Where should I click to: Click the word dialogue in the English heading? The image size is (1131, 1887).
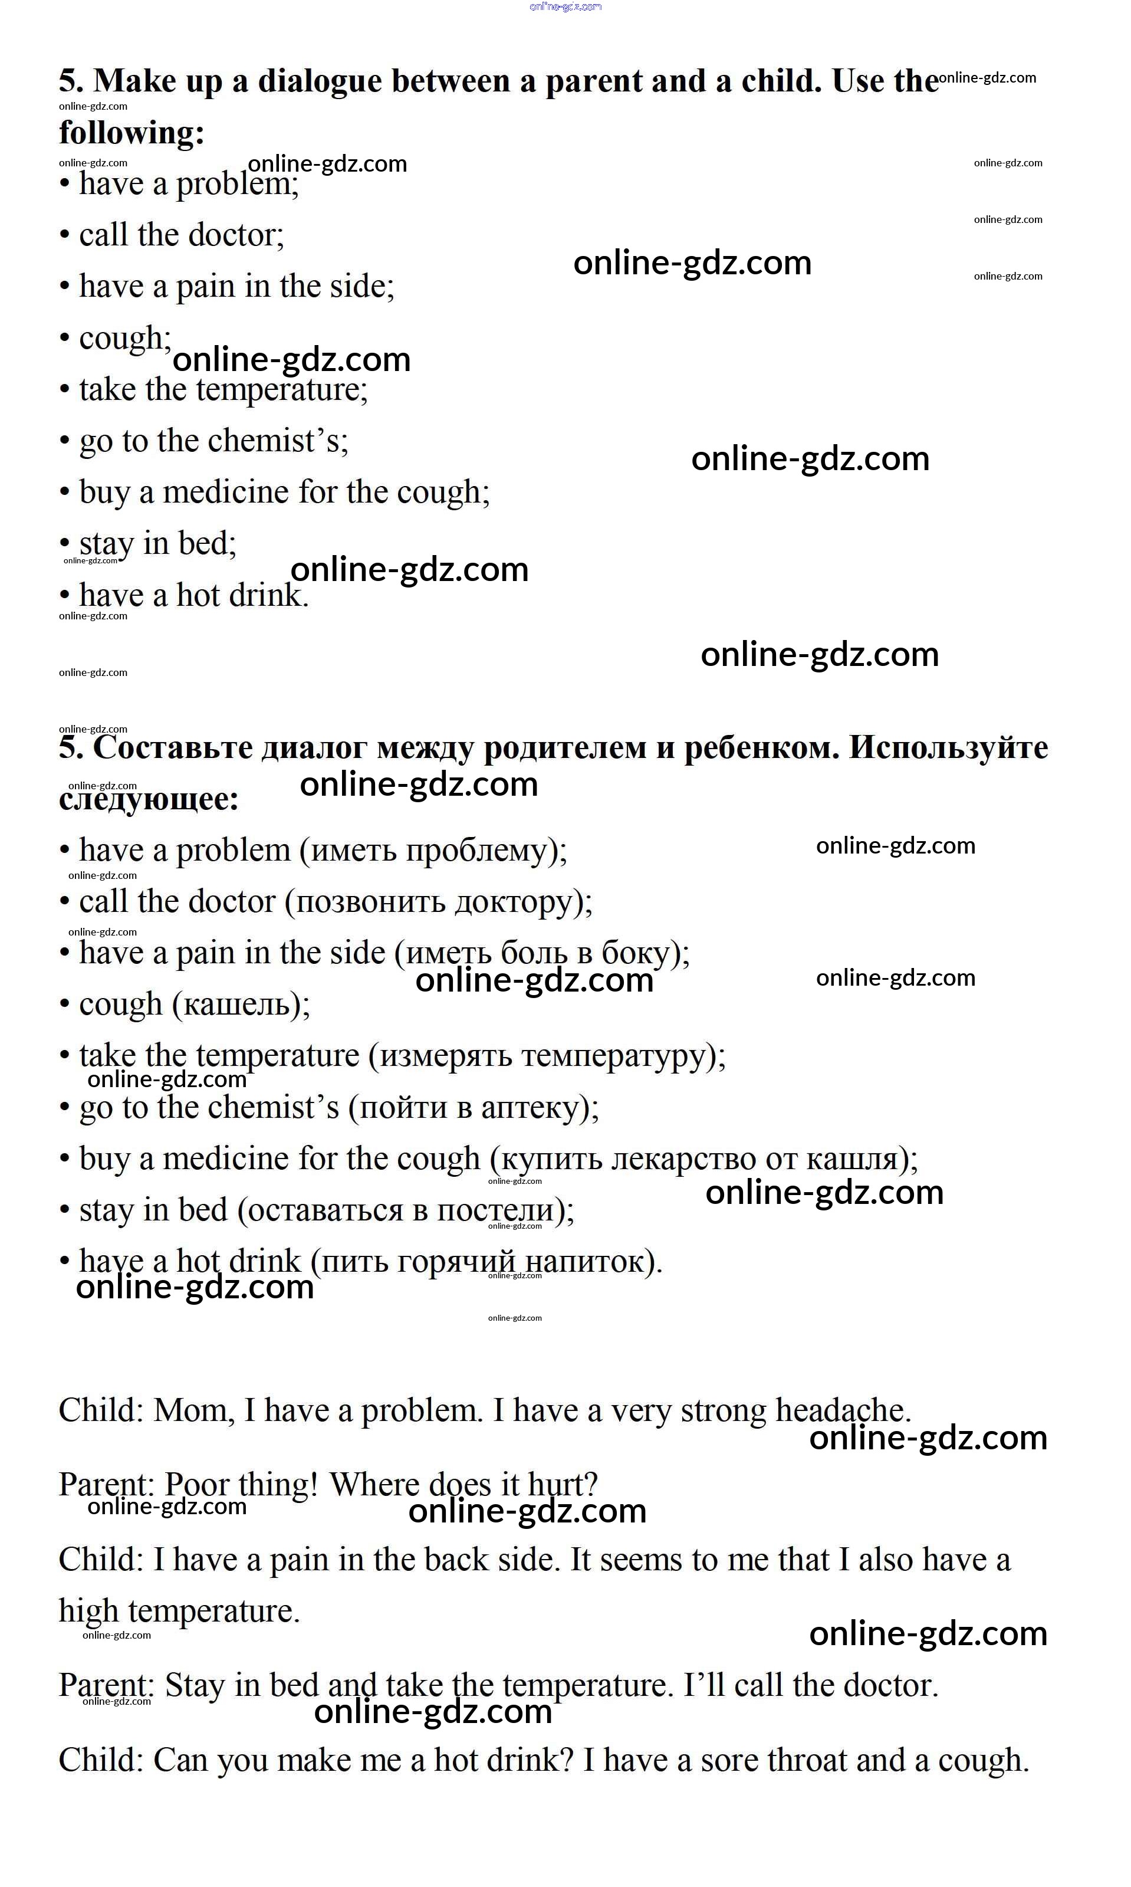click(x=320, y=81)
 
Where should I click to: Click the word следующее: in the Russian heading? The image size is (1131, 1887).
click(x=149, y=800)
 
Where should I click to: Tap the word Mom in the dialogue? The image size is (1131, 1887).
click(x=193, y=1410)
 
